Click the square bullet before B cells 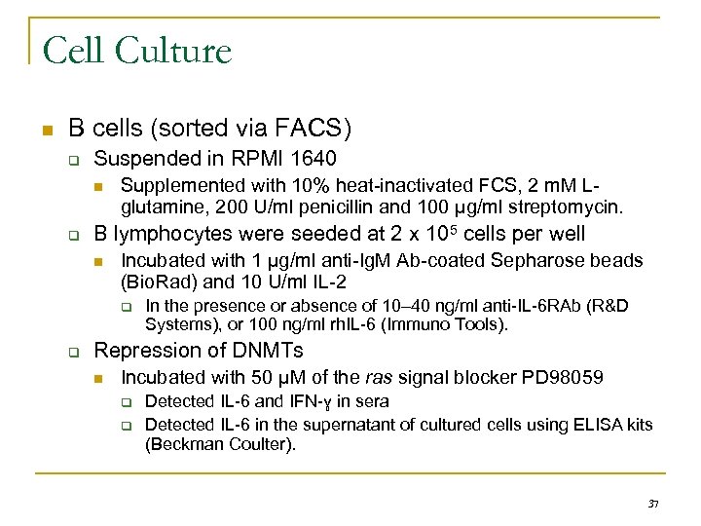click(x=43, y=130)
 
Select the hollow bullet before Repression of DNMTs click(x=71, y=352)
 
